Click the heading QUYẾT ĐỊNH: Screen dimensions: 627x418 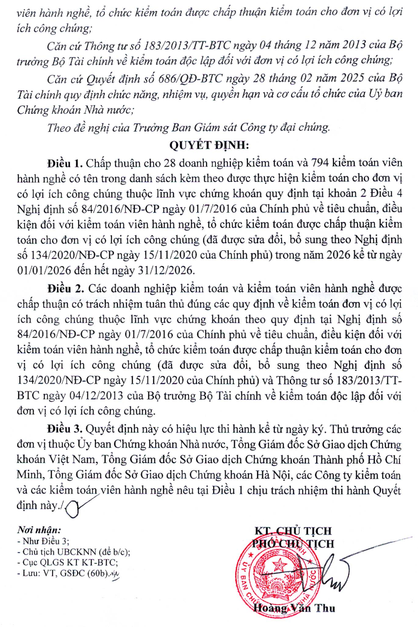(209, 145)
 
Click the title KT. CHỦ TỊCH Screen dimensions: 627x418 (293, 531)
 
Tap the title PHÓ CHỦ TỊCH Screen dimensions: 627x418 (293, 543)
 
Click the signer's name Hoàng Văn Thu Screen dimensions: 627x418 (294, 608)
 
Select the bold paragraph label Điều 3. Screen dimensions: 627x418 (65, 429)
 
